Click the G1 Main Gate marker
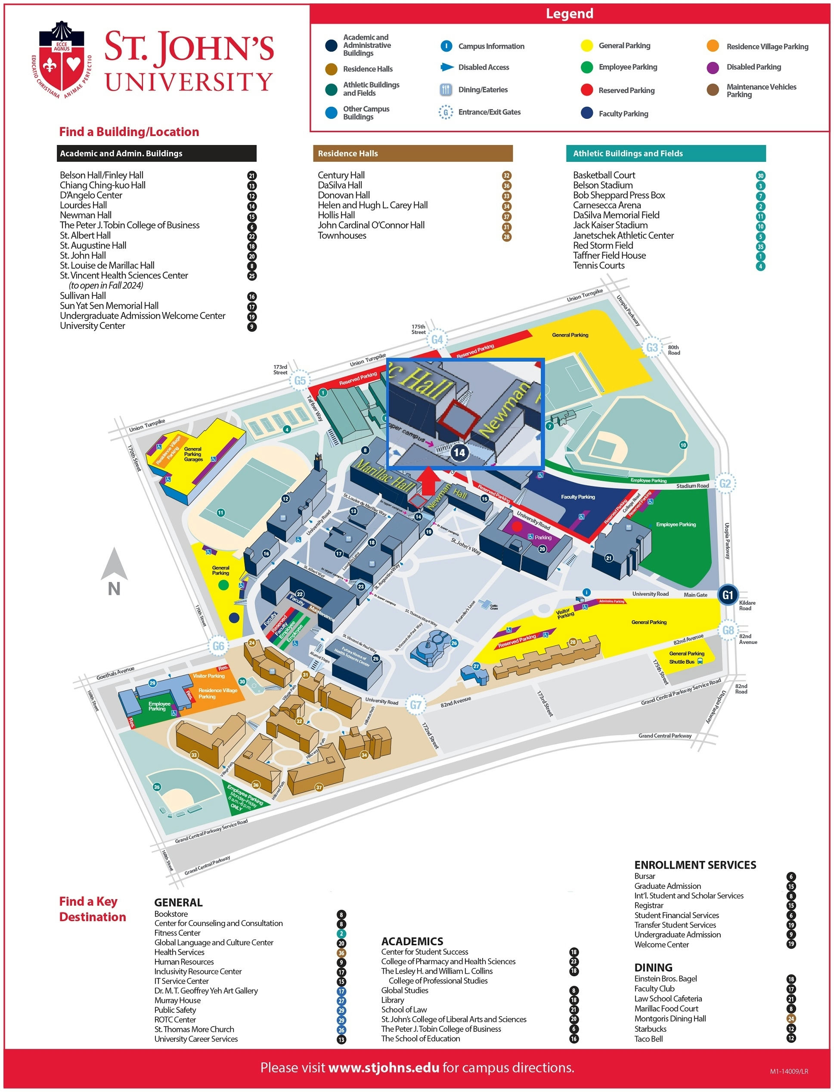(x=727, y=595)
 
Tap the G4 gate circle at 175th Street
(x=437, y=340)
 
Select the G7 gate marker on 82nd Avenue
(x=415, y=705)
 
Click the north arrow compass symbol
(x=114, y=571)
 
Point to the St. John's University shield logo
(x=62, y=59)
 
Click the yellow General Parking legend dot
(x=587, y=46)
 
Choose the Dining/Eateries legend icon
(x=446, y=90)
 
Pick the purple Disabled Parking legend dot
(x=713, y=67)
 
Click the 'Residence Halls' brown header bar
(x=412, y=153)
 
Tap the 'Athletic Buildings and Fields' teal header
(x=665, y=153)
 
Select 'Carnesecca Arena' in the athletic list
(x=607, y=205)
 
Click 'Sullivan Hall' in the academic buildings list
(x=83, y=296)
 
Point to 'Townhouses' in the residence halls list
(x=342, y=236)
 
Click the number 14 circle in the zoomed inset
(x=459, y=452)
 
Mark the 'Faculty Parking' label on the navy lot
(x=578, y=497)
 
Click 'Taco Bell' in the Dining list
(x=648, y=1039)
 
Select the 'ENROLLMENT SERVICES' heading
(x=695, y=865)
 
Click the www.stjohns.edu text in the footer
(x=384, y=1068)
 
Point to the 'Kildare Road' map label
(x=747, y=605)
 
